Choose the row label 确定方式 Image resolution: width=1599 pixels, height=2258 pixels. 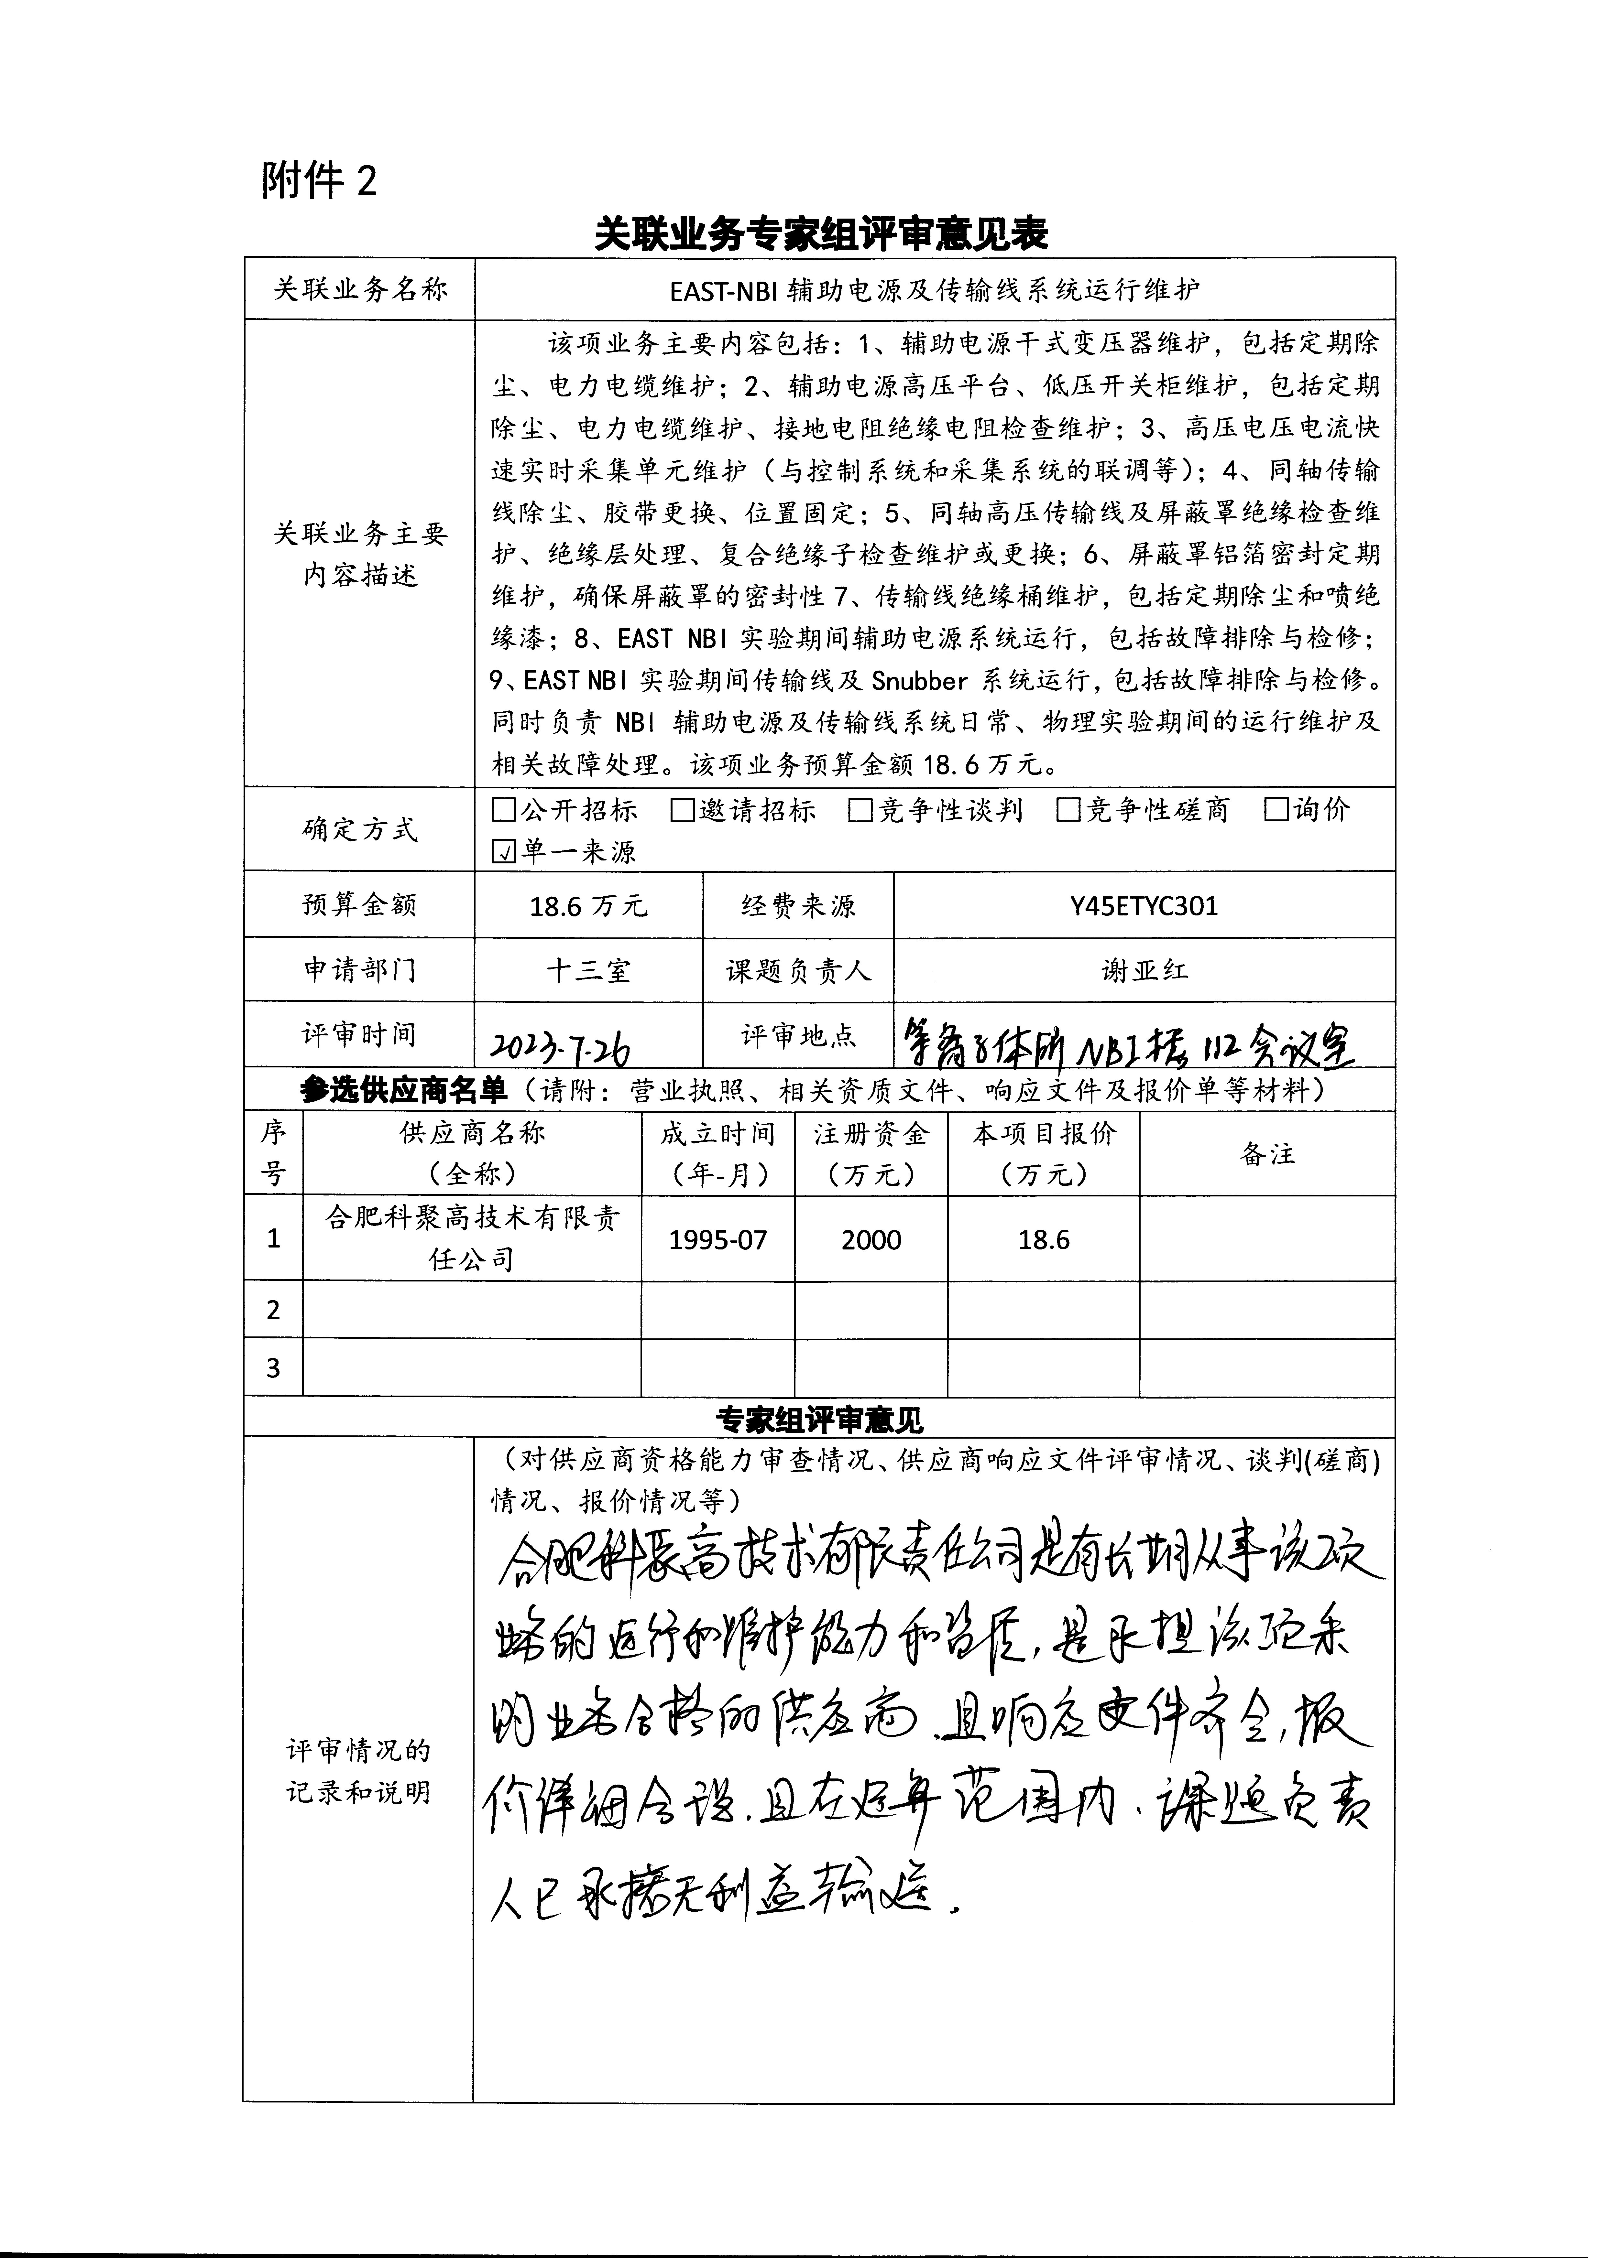coord(359,830)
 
